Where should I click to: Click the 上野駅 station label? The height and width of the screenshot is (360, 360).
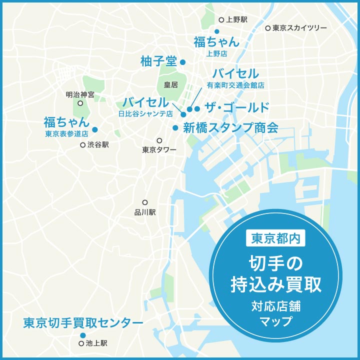(236, 20)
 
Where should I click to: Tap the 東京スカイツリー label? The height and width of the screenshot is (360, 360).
(299, 28)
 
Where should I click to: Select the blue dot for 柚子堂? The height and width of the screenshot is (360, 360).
(183, 62)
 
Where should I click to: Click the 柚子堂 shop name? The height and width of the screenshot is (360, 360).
(159, 61)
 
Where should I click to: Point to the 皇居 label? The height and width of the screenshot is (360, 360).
(171, 85)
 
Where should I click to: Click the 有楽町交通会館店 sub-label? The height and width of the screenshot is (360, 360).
(235, 85)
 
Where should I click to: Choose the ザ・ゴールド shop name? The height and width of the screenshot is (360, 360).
(237, 108)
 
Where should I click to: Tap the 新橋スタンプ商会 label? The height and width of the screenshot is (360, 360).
(230, 127)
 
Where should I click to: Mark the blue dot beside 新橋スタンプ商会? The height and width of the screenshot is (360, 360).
(175, 128)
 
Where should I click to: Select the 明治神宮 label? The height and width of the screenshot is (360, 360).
(80, 94)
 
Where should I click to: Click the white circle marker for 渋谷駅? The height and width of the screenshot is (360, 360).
(83, 145)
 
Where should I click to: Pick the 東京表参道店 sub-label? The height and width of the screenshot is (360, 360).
(66, 133)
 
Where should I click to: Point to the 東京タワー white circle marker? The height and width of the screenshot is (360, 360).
(159, 140)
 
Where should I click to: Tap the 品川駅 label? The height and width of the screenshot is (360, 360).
(145, 212)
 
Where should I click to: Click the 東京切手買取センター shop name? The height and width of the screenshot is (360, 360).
(83, 323)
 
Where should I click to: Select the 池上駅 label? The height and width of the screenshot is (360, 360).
(96, 343)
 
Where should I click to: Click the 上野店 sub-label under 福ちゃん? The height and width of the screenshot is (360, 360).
(216, 53)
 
